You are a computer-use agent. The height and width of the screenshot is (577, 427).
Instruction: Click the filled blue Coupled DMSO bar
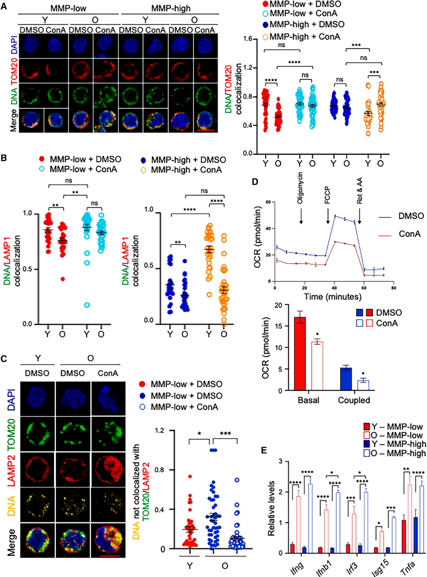click(346, 379)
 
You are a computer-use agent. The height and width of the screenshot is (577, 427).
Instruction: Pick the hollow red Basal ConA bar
click(317, 366)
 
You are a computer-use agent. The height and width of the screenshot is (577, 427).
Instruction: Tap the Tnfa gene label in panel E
click(407, 567)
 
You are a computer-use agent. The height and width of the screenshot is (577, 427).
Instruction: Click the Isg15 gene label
click(380, 568)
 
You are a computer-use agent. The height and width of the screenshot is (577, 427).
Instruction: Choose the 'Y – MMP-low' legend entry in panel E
click(393, 427)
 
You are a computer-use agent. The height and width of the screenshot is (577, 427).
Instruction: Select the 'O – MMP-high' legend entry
click(394, 453)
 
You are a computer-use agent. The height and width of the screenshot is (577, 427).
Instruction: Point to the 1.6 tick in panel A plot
click(247, 39)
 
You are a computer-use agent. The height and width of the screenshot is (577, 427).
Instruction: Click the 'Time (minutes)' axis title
click(333, 296)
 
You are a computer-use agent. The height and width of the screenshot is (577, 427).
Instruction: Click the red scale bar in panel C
click(109, 556)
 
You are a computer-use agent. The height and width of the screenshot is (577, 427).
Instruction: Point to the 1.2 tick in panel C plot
click(160, 431)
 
